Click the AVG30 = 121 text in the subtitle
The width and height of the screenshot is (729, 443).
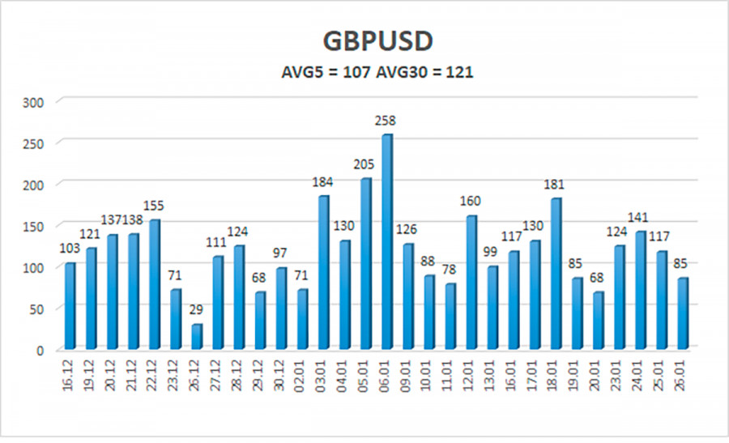tap(428, 72)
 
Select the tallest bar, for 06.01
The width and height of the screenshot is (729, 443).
tap(386, 242)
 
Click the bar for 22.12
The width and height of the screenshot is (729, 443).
tap(154, 284)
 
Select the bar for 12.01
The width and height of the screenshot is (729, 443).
tap(471, 283)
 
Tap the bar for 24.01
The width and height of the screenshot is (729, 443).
tap(640, 291)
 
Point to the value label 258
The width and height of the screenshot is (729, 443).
tap(386, 121)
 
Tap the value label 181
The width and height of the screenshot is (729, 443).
tap(556, 185)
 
